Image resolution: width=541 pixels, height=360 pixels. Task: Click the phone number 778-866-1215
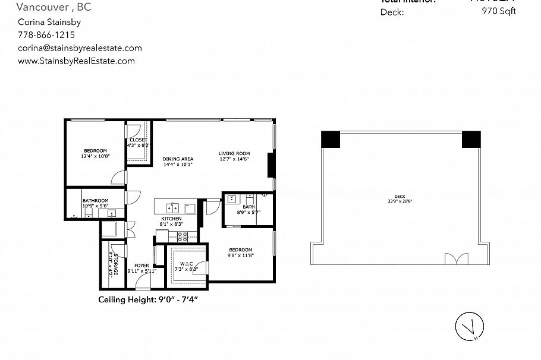46,35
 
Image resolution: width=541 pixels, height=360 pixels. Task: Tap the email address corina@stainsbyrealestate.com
80,48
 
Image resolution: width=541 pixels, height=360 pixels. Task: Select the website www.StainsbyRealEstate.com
76,61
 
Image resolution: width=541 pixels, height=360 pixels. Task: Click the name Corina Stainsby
49,22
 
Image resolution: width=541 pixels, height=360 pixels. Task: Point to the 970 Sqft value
499,11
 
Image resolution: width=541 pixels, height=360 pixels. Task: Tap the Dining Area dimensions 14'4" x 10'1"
178,164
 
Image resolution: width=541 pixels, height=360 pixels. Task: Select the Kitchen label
171,219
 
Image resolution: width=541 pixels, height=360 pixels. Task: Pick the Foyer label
141,266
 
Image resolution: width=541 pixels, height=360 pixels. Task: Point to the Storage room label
114,264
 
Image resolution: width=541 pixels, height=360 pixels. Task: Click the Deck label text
399,197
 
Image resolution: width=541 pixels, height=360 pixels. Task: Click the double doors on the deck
454,260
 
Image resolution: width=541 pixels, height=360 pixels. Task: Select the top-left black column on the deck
329,139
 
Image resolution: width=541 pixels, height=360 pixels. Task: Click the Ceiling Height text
148,299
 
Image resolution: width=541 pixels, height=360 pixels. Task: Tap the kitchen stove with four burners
183,235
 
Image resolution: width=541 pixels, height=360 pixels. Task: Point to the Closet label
139,140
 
